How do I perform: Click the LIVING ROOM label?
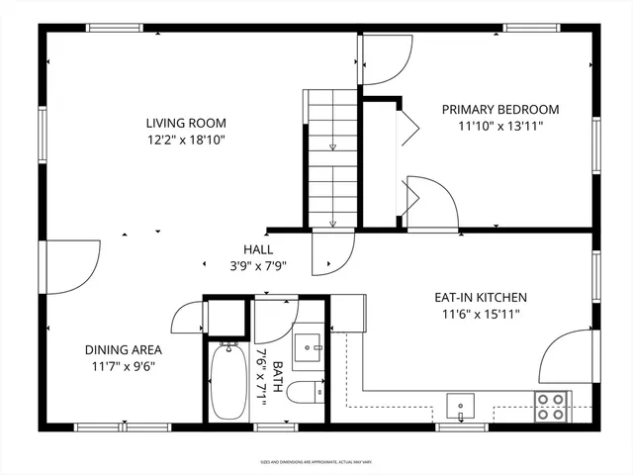[186, 124]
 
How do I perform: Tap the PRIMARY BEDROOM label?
[500, 110]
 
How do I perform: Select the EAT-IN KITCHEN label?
[481, 297]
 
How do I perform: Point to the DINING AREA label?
[123, 349]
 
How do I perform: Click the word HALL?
[258, 249]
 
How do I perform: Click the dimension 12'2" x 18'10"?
[186, 141]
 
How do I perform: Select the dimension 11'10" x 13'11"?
[500, 127]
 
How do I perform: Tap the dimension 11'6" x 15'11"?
[481, 314]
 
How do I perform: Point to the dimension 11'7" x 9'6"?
[123, 366]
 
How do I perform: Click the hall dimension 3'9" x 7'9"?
[258, 266]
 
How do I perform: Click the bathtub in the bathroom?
[227, 383]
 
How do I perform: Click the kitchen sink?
[460, 406]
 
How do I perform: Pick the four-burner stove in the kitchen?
[550, 406]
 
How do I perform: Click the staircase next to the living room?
[330, 158]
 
